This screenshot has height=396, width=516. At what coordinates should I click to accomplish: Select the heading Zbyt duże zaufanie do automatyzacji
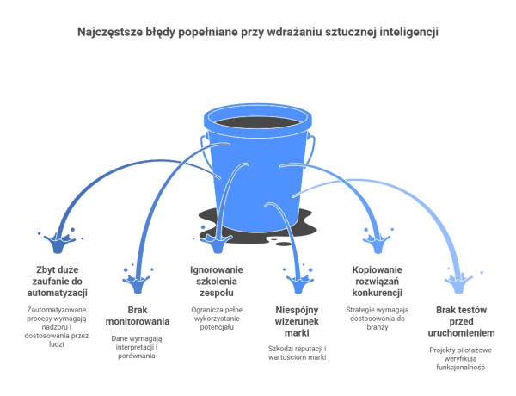point(58,281)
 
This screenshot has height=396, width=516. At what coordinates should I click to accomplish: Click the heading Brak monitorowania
point(138,316)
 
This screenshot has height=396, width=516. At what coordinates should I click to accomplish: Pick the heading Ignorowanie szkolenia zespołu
point(217,281)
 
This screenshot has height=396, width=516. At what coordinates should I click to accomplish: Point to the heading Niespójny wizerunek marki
point(297,321)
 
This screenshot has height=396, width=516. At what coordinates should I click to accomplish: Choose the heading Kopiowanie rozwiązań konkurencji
point(378,281)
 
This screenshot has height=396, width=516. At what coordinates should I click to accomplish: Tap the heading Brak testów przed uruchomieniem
point(461,321)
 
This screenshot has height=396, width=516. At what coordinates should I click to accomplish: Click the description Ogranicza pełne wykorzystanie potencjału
point(217,319)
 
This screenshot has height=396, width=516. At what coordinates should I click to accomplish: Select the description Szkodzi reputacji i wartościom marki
point(298,353)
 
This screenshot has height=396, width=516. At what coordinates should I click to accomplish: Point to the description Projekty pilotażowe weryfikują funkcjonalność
point(461,358)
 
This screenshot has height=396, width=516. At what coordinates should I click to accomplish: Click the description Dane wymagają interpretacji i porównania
point(137,347)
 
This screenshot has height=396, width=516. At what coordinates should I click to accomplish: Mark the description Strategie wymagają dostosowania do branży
point(378,319)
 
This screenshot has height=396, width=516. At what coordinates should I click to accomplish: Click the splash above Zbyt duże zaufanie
point(58,241)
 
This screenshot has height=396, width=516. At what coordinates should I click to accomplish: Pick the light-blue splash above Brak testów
point(459,282)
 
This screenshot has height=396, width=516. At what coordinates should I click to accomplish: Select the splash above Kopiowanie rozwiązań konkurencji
point(378,241)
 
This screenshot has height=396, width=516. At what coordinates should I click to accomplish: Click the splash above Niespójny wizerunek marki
point(298,281)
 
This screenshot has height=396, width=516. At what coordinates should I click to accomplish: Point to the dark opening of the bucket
point(258,122)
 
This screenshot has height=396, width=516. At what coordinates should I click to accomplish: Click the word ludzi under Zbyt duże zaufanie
point(56,344)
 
